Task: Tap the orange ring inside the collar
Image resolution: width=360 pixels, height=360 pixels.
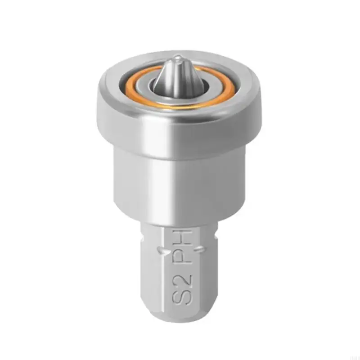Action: pos(130,85)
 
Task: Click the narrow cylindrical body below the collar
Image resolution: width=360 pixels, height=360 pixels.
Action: pos(180,180)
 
